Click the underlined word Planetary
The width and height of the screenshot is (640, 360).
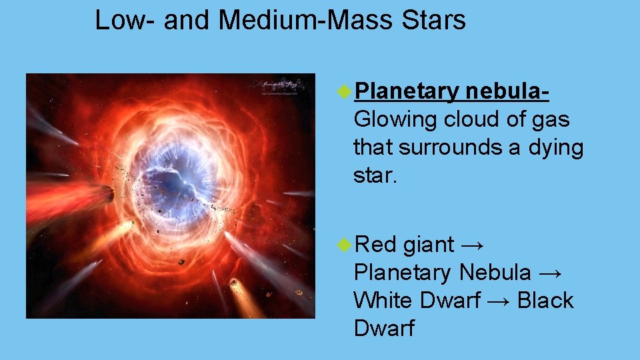click(x=407, y=91)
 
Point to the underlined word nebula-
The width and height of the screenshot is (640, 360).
click(x=507, y=91)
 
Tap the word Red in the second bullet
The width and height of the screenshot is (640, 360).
click(x=376, y=245)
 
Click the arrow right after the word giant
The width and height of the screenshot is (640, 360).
click(x=473, y=245)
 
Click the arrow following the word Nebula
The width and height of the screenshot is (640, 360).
click(x=551, y=273)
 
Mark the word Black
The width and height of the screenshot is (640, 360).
click(x=545, y=301)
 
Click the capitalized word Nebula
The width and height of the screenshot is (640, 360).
click(x=495, y=273)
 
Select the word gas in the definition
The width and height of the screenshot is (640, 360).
click(x=551, y=120)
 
